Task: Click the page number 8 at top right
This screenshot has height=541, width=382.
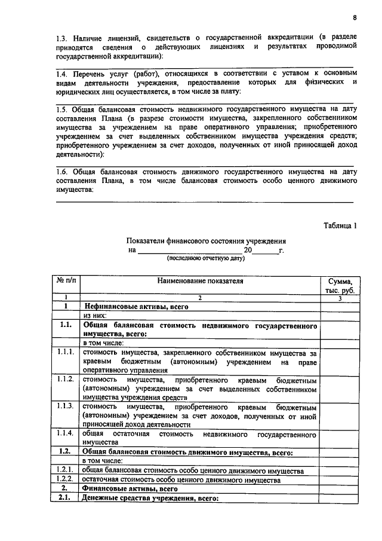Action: click(354, 17)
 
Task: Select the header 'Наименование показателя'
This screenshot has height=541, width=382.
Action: click(201, 280)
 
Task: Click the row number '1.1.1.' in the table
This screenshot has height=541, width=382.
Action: click(66, 353)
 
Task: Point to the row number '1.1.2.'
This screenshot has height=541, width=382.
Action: click(66, 379)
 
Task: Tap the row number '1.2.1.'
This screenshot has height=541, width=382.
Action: click(66, 470)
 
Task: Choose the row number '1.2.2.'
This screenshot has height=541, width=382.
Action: click(66, 479)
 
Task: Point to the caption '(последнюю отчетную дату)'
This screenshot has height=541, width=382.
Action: click(205, 258)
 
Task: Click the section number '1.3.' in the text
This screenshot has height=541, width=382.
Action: click(63, 37)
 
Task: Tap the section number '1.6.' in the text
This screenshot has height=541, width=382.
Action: click(63, 172)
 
